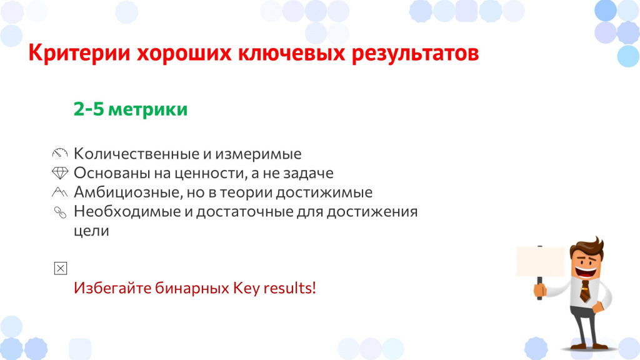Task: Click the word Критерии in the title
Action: click(x=79, y=53)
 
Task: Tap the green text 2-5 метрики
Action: click(x=131, y=109)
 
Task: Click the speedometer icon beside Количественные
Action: click(x=60, y=153)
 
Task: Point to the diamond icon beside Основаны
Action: click(x=60, y=172)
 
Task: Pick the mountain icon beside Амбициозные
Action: click(x=59, y=191)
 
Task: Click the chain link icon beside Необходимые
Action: click(x=61, y=212)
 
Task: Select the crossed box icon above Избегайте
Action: click(x=61, y=268)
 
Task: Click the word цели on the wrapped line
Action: click(x=91, y=231)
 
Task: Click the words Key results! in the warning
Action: click(x=274, y=288)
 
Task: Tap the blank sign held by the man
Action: click(x=540, y=261)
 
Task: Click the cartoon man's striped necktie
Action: click(x=585, y=291)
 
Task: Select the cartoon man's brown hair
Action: click(x=587, y=246)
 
